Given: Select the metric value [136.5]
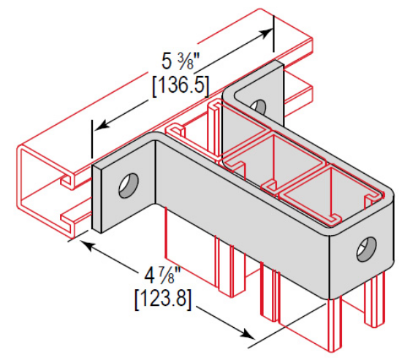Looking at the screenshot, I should pyautogui.click(x=181, y=85).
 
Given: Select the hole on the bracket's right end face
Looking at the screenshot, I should pyautogui.click(x=365, y=250).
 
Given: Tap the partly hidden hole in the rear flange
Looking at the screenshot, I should pyautogui.click(x=258, y=107).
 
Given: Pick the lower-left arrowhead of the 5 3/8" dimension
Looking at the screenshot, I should pyautogui.click(x=100, y=126).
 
